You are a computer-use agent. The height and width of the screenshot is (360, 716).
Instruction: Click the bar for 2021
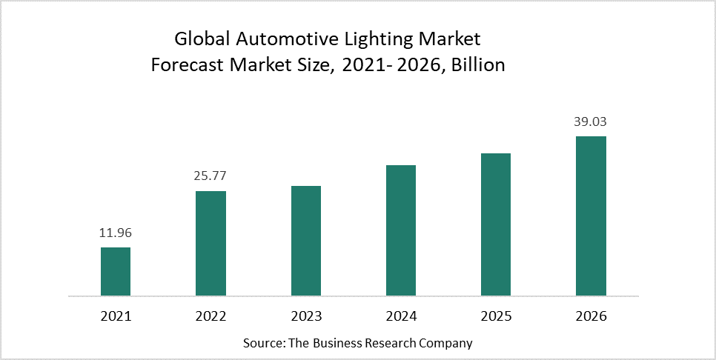coord(116,271)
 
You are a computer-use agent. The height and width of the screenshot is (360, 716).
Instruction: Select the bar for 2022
coord(211,243)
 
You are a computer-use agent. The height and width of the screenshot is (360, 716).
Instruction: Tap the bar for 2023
coord(306,241)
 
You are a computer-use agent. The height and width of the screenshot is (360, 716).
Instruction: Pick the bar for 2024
coord(401,230)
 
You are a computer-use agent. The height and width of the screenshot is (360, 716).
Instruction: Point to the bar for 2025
coord(496,224)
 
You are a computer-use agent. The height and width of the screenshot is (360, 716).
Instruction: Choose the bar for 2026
coord(591,216)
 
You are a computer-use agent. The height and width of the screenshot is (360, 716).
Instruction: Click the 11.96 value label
coord(116,233)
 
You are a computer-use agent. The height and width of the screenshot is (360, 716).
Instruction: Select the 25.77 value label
coord(211,176)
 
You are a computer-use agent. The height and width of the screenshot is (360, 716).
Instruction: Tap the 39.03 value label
coord(591,121)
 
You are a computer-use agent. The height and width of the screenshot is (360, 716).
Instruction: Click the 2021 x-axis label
coord(116,316)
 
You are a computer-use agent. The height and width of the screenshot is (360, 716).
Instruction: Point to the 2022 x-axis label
coord(211,316)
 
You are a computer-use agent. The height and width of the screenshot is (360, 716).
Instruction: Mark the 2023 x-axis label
coord(306,316)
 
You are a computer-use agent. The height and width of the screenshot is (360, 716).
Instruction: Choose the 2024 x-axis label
coord(401,316)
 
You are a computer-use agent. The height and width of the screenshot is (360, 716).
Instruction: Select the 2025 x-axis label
coord(496,316)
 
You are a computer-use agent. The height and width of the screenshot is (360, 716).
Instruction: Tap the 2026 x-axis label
coord(591,316)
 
